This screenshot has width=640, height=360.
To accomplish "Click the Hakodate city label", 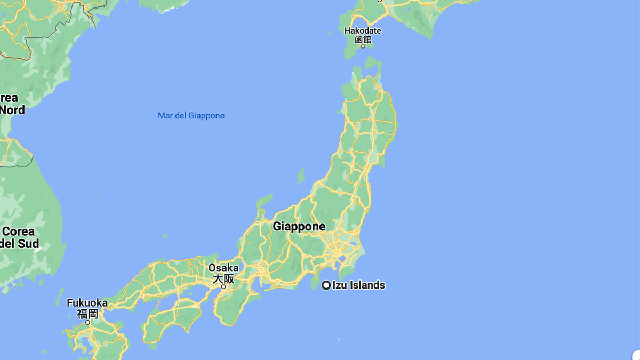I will click(x=363, y=31).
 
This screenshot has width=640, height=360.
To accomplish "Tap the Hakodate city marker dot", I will click(x=363, y=46).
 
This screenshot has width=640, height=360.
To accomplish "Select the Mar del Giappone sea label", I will click(x=191, y=116).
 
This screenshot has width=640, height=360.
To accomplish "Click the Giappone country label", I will click(x=299, y=226).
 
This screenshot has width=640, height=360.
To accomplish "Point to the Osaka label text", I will click(x=223, y=268).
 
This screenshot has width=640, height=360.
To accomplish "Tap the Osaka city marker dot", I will click(x=224, y=287).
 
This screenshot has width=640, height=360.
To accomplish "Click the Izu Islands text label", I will click(x=358, y=285).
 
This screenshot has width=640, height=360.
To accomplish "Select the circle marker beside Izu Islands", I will click(x=326, y=285).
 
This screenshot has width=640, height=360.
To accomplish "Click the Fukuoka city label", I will click(x=87, y=303).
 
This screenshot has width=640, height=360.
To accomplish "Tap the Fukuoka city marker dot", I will click(x=88, y=322).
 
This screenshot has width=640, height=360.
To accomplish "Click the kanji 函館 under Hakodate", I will click(x=363, y=39).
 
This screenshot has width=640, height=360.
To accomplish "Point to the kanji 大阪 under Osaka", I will click(x=223, y=278).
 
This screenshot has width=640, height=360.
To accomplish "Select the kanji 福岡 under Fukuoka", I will click(x=87, y=314).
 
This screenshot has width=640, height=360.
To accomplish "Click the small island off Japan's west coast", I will click(x=301, y=175).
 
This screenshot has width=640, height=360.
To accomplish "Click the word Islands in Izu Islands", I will click(x=366, y=285).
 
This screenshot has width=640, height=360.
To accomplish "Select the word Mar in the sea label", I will click(x=165, y=116).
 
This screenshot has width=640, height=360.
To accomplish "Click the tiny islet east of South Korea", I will click(x=165, y=236).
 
